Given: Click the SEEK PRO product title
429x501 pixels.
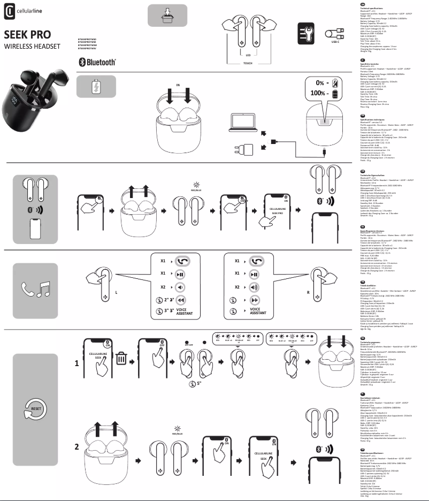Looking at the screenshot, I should click(28, 35).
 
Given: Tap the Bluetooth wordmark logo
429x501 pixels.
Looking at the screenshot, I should click(97, 62).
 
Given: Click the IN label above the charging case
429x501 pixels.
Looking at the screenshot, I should click(178, 85).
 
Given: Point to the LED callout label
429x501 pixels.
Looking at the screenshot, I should click(248, 55).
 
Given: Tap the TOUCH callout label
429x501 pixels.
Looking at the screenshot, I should click(248, 63).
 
